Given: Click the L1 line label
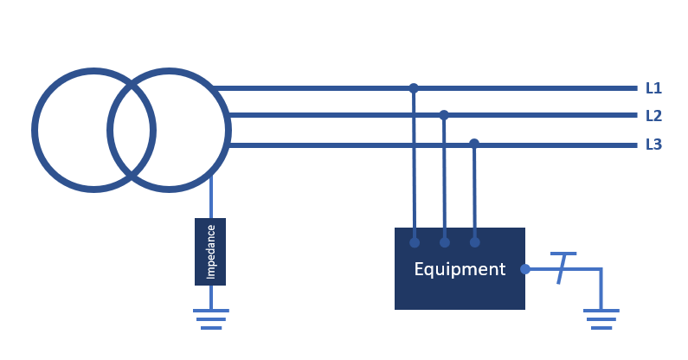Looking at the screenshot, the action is coord(653,88).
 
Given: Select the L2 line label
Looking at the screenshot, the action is coord(653,116).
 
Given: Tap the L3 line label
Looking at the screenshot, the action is coord(653,145).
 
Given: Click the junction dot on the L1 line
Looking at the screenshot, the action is coord(414,88).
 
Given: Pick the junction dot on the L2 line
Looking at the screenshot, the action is coord(444,115).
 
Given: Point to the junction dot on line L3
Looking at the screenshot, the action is coord(474,143).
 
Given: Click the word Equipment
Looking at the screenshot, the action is coord(460,269).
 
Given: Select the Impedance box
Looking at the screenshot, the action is coord(210,252).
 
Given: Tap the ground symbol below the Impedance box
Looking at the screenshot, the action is coord(211,319).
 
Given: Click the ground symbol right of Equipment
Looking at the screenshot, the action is coord(601,319).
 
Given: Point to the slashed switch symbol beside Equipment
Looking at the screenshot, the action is coord(562,268).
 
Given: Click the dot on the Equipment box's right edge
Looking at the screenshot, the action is coord(524,269).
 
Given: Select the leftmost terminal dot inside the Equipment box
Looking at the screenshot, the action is coord(415,242).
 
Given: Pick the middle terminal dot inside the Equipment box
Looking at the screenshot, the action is coord(445,242).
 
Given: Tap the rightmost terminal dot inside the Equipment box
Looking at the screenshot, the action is coord(475,242).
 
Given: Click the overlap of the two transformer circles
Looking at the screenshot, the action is coord(132,131).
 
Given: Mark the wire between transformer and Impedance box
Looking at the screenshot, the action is coord(211,196).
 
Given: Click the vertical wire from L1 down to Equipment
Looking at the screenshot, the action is coord(414,165).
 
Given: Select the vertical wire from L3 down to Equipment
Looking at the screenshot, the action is coord(474,193).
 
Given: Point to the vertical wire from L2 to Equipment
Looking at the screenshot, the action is coord(444,178).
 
